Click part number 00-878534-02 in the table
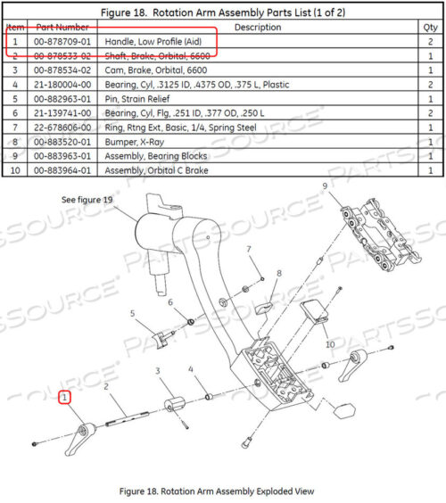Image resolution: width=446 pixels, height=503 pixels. pyautogui.click(x=62, y=70)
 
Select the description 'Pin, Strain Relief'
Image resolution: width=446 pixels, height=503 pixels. pyautogui.click(x=137, y=99)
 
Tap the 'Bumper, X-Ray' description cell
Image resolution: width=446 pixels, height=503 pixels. pyautogui.click(x=135, y=142)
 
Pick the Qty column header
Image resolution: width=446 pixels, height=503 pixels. pyautogui.click(x=430, y=28)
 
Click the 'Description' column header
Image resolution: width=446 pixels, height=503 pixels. pyautogui.click(x=258, y=28)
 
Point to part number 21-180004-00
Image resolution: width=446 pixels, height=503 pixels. pyautogui.click(x=62, y=85)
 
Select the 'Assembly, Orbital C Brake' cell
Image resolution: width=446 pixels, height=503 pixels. pyautogui.click(x=157, y=170)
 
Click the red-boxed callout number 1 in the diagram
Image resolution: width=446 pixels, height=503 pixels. pyautogui.click(x=64, y=398)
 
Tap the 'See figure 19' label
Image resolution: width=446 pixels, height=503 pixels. pyautogui.click(x=87, y=200)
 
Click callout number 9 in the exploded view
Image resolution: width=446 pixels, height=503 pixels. pyautogui.click(x=325, y=186)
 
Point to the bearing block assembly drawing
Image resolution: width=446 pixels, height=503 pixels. pyautogui.click(x=381, y=235)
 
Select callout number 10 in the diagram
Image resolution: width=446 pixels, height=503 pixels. pyautogui.click(x=330, y=344)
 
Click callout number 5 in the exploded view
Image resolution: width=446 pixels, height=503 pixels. pyautogui.click(x=132, y=313)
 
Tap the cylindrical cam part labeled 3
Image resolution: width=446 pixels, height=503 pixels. pyautogui.click(x=174, y=404)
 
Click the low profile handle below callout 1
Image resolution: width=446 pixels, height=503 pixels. pyautogui.click(x=80, y=439)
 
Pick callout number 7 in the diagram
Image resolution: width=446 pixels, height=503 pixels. pyautogui.click(x=249, y=249)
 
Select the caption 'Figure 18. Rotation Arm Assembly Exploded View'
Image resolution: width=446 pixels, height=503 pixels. pyautogui.click(x=217, y=491)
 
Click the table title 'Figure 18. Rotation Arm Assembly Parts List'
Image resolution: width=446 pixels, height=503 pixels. pyautogui.click(x=223, y=12)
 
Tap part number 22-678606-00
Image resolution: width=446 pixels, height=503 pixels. pyautogui.click(x=62, y=128)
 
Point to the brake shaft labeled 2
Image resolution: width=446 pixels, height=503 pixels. pyautogui.click(x=127, y=419)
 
